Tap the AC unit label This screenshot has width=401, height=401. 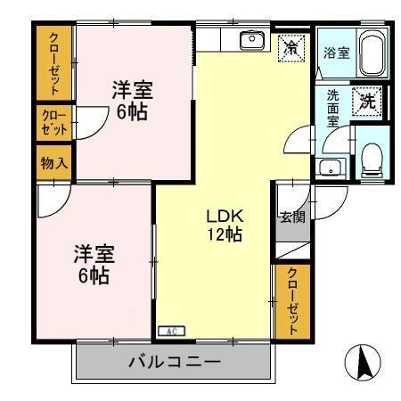[168, 331]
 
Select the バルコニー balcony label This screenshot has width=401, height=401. [174, 364]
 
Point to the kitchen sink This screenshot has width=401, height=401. [252, 38]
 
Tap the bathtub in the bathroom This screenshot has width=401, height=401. [373, 53]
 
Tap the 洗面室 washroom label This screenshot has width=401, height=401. [333, 109]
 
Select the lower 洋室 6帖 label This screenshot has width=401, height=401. [92, 264]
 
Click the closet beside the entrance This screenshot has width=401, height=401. [291, 300]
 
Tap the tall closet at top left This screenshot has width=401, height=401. [54, 62]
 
